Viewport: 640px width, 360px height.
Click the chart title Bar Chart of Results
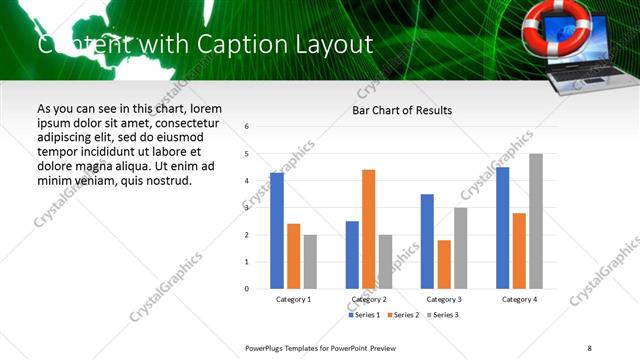[x=401, y=110]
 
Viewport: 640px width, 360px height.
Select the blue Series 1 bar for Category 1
[x=277, y=230]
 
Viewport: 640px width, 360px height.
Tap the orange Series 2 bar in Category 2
[x=369, y=229]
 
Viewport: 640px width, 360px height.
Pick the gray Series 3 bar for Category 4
[x=536, y=221]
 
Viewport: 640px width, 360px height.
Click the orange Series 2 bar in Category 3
[x=444, y=264]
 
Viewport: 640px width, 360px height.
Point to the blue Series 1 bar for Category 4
[x=502, y=227]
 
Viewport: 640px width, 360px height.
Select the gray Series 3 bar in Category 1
[x=311, y=261]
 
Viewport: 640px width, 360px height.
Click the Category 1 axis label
[x=293, y=299]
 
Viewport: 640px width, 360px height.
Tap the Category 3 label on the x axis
[x=444, y=299]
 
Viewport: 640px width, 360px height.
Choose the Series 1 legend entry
[x=365, y=315]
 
